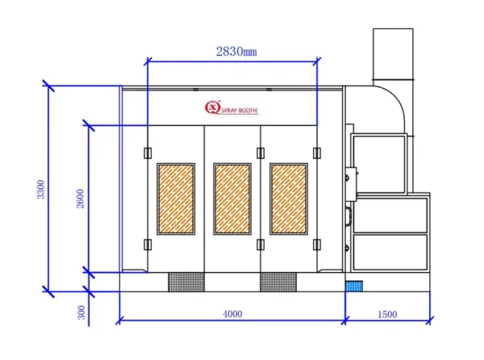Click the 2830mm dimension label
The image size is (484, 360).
[x=236, y=51]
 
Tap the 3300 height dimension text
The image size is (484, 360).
[x=41, y=189]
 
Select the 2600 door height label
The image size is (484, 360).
[x=80, y=199]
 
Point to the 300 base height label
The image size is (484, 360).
[x=81, y=312]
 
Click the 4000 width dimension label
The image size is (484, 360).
[x=232, y=314]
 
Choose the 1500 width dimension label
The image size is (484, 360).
[x=387, y=314]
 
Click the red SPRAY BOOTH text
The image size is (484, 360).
[x=240, y=111]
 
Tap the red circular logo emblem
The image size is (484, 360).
[x=212, y=107]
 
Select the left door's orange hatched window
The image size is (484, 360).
[x=176, y=199]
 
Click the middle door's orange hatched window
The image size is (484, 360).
[x=232, y=199]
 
